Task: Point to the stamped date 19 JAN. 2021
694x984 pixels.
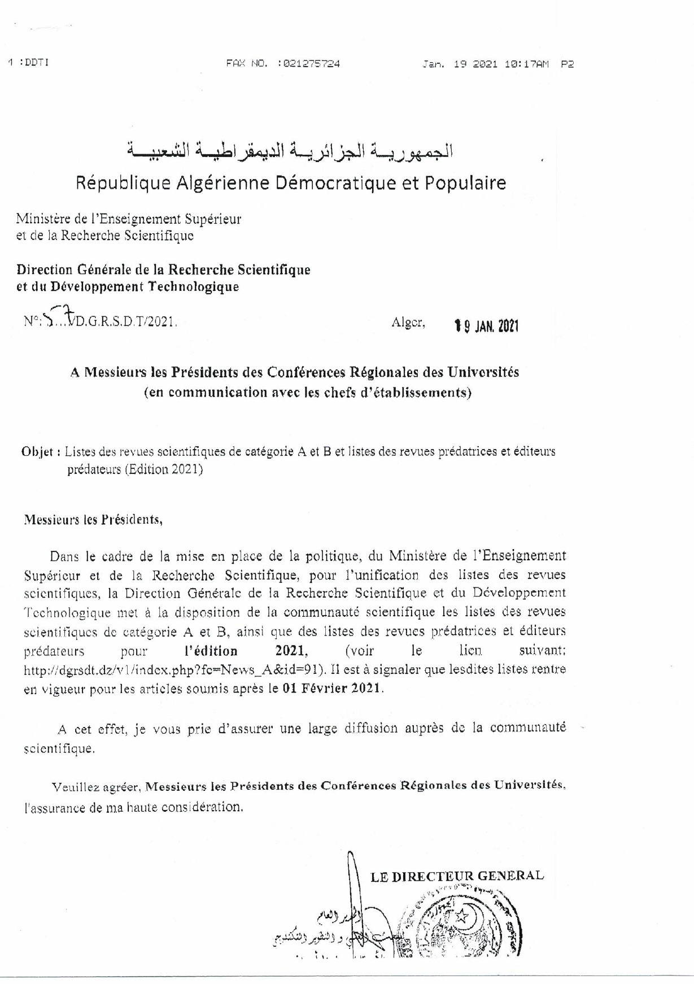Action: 486,326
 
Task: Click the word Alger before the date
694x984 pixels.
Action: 408,323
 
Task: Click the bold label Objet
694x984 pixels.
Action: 38,452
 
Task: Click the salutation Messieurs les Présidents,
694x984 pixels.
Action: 93,520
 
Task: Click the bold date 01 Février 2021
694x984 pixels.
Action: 332,689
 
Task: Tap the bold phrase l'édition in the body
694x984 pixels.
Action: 211,651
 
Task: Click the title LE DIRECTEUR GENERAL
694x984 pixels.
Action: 457,876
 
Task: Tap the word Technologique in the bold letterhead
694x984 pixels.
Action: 193,286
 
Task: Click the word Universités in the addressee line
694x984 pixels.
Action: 483,372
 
